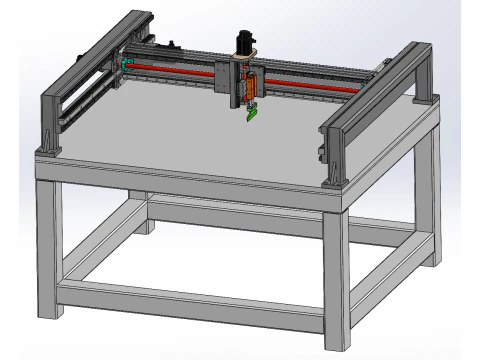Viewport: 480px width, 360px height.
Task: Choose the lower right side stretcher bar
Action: coord(385,270)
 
